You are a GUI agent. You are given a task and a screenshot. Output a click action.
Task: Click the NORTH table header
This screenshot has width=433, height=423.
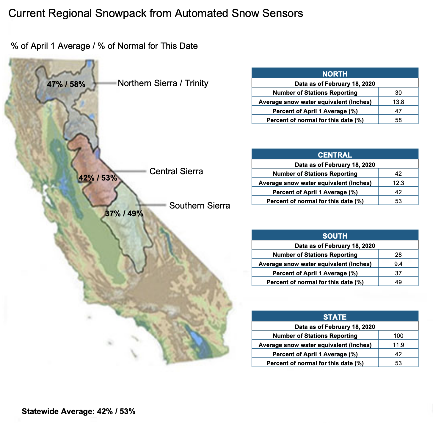(335, 74)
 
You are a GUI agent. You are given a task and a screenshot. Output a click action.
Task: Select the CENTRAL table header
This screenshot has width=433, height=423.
(335, 155)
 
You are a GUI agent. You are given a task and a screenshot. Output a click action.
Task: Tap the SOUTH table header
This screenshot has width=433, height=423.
(335, 236)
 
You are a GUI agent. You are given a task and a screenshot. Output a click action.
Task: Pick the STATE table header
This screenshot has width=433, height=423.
(335, 317)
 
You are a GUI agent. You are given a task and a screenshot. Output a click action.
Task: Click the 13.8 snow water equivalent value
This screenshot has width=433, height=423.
(398, 102)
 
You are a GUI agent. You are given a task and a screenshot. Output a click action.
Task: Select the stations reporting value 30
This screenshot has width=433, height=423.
(398, 93)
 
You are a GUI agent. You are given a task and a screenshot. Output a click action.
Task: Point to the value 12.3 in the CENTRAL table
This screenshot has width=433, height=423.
(398, 183)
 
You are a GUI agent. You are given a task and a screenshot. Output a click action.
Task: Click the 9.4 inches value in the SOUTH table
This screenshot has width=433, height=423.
(398, 264)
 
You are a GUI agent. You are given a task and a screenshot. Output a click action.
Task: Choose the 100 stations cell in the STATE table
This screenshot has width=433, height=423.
(398, 336)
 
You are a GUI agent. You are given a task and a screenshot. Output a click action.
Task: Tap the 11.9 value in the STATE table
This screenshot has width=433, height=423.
(398, 345)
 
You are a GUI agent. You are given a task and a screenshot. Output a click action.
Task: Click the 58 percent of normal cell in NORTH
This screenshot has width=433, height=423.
(398, 120)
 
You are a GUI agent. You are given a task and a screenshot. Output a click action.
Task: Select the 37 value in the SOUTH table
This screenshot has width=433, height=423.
(398, 273)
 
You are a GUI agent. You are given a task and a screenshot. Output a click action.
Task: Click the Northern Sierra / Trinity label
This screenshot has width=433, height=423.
(163, 83)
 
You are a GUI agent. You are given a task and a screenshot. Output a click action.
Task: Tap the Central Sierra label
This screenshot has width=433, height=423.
(176, 171)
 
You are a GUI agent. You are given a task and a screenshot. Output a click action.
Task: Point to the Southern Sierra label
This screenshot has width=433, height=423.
(199, 206)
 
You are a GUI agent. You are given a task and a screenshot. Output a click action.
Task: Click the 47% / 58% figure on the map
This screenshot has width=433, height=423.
(66, 84)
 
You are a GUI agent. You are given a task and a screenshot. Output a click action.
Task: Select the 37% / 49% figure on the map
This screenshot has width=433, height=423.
(124, 214)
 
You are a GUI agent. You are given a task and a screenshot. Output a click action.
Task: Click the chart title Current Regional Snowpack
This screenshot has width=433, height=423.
(156, 13)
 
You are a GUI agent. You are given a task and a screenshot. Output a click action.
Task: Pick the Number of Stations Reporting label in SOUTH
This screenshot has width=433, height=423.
(315, 255)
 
